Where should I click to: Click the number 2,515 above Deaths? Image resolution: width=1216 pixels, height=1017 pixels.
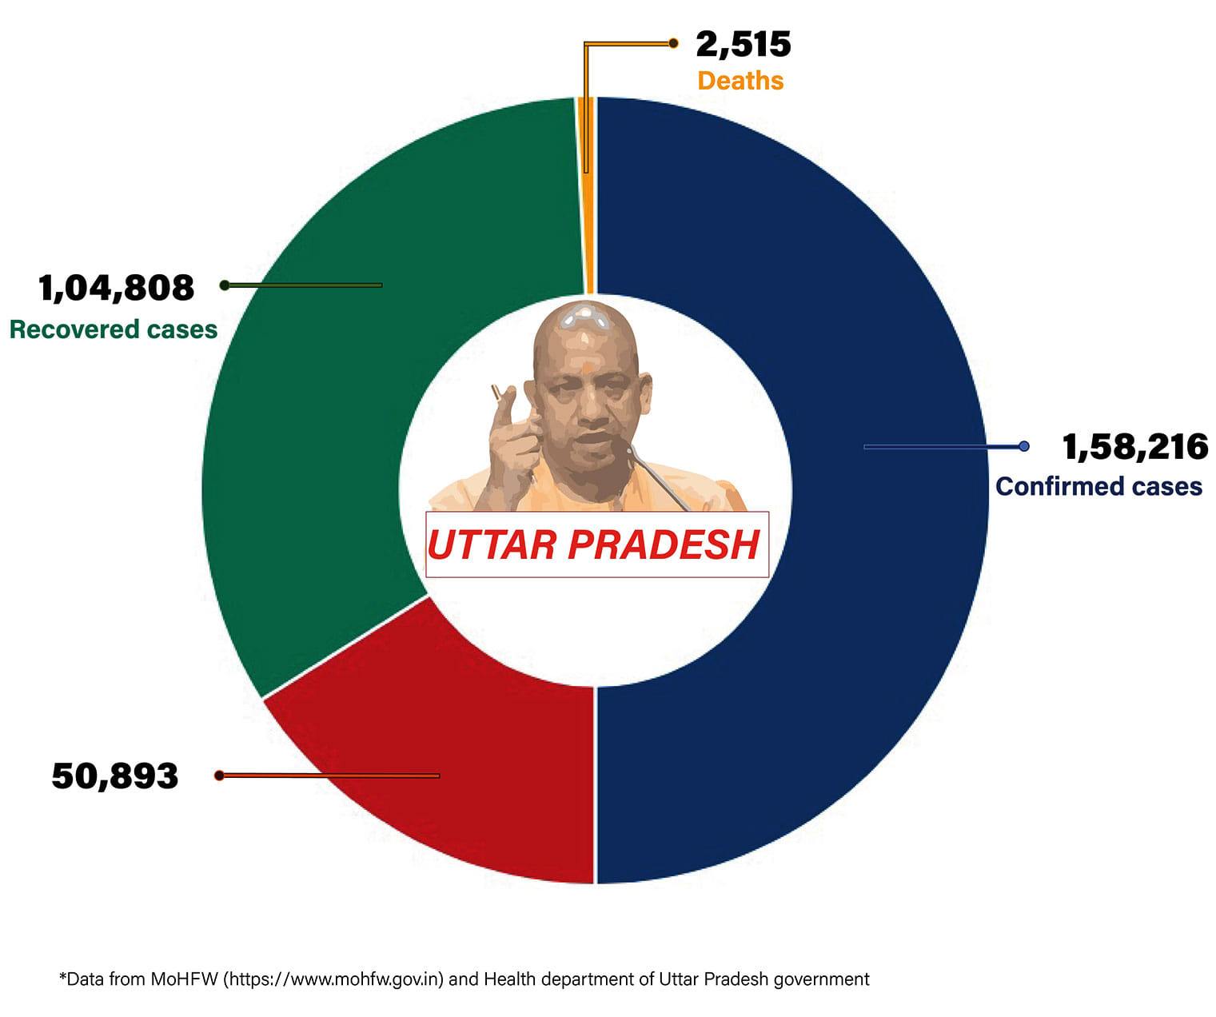[743, 45]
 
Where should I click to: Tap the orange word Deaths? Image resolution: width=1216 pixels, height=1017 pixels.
[740, 81]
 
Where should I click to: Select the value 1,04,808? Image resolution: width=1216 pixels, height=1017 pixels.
[117, 288]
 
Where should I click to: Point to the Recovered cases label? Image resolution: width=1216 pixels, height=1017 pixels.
[114, 329]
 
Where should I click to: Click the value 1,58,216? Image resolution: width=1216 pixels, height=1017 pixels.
[1134, 447]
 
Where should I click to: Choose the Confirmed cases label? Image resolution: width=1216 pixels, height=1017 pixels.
[1098, 486]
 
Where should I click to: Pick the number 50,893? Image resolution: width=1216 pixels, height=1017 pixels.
[115, 776]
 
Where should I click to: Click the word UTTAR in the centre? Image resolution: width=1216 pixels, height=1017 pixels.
[492, 545]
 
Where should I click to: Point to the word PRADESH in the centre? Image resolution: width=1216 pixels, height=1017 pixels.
[664, 545]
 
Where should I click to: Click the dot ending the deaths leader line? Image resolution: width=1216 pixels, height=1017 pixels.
[673, 43]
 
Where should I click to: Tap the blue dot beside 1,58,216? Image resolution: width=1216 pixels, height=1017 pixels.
[1024, 446]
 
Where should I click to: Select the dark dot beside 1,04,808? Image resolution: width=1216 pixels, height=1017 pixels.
[225, 285]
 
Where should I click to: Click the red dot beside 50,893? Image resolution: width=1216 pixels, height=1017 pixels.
[219, 776]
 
